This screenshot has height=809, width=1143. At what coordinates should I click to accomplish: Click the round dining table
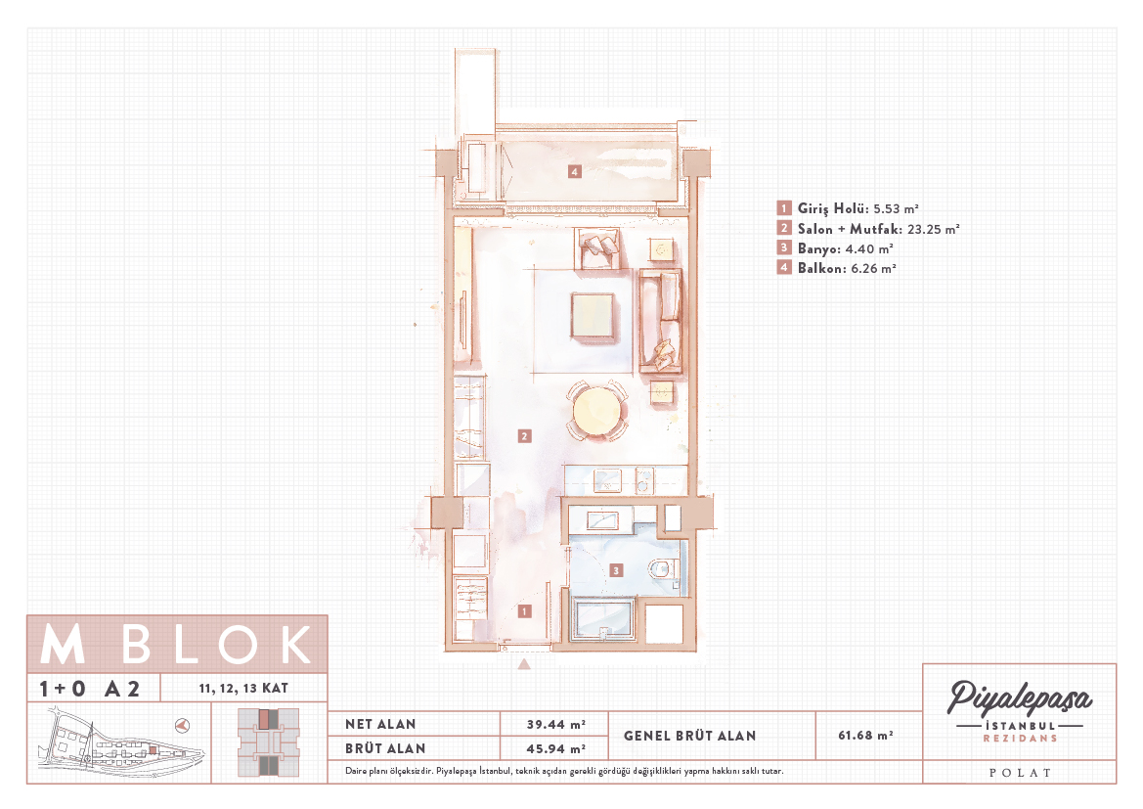coord(597,412)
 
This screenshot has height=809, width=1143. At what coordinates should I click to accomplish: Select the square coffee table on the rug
coord(593,315)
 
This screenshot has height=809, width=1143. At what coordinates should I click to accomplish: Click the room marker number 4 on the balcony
coord(575,171)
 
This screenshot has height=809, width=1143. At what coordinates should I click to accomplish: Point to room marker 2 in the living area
coord(524,436)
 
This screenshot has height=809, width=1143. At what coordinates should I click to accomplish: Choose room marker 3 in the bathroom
coord(616,569)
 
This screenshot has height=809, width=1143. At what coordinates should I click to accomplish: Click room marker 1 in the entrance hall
coord(524,611)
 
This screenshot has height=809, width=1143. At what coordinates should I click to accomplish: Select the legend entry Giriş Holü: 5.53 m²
coord(848,208)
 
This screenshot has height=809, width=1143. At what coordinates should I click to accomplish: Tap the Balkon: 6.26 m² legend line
coord(837,268)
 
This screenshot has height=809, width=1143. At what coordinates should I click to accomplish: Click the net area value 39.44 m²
coord(556,724)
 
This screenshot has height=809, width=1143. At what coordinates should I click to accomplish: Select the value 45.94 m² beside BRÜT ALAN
coord(556,748)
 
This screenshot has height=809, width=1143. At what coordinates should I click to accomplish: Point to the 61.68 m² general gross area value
coord(866,736)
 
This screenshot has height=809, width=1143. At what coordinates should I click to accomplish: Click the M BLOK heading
coord(176,645)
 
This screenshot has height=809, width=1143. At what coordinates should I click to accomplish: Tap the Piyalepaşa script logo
coord(1019,698)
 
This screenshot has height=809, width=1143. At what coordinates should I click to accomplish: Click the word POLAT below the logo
coord(1020,773)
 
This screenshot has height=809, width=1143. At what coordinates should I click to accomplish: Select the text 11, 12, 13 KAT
coord(243,688)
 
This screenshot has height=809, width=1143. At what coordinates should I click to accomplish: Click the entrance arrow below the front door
coord(524,664)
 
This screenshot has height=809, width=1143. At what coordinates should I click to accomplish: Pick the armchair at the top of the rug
coord(597,248)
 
